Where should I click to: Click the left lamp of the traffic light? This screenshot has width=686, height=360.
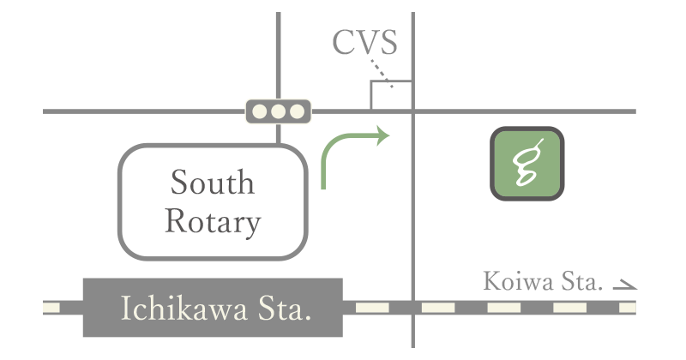pos(260,111)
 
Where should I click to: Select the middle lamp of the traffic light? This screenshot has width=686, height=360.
pos(279,111)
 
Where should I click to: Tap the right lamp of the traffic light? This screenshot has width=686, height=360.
pos(297,111)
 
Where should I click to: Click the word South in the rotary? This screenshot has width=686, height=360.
pos(212,183)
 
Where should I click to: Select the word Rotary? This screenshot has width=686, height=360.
pos(212,222)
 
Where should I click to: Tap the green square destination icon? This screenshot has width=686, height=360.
pos(527,164)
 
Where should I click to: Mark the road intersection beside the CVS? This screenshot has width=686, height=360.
pos(413,111)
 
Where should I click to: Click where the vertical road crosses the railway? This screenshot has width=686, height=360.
pos(413,306)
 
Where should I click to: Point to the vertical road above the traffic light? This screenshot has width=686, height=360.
pos(279,51)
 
